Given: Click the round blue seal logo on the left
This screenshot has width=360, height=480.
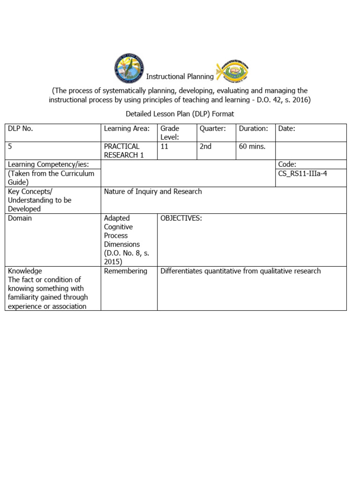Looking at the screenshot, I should [129, 68].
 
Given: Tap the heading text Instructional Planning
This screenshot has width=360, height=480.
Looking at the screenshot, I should [180, 76].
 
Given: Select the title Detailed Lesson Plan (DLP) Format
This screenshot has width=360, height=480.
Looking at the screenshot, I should [180, 114].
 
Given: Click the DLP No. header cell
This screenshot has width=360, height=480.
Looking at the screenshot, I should [21, 128].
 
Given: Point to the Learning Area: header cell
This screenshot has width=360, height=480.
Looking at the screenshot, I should [127, 128].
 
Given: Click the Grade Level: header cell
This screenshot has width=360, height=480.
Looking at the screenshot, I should [169, 133].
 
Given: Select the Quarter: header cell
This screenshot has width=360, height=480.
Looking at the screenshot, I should [212, 128].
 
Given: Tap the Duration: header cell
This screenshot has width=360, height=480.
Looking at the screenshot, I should [253, 128].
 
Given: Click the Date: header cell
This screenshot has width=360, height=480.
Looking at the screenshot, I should [286, 128].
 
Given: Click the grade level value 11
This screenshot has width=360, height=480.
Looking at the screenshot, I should [165, 146].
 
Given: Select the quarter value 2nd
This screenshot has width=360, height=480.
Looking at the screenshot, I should [206, 146].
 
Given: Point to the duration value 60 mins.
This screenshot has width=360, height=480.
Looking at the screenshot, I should [252, 146].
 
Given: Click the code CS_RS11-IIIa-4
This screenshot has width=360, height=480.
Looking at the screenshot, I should [302, 173].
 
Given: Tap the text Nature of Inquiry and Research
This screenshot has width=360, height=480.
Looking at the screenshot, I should [153, 191].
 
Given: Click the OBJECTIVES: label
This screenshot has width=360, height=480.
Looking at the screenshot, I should [181, 218].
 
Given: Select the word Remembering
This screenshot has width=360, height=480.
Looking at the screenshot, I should [125, 271].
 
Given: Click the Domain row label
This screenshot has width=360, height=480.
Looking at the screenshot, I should [20, 218].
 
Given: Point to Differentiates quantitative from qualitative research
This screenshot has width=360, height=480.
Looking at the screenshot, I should [240, 271].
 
